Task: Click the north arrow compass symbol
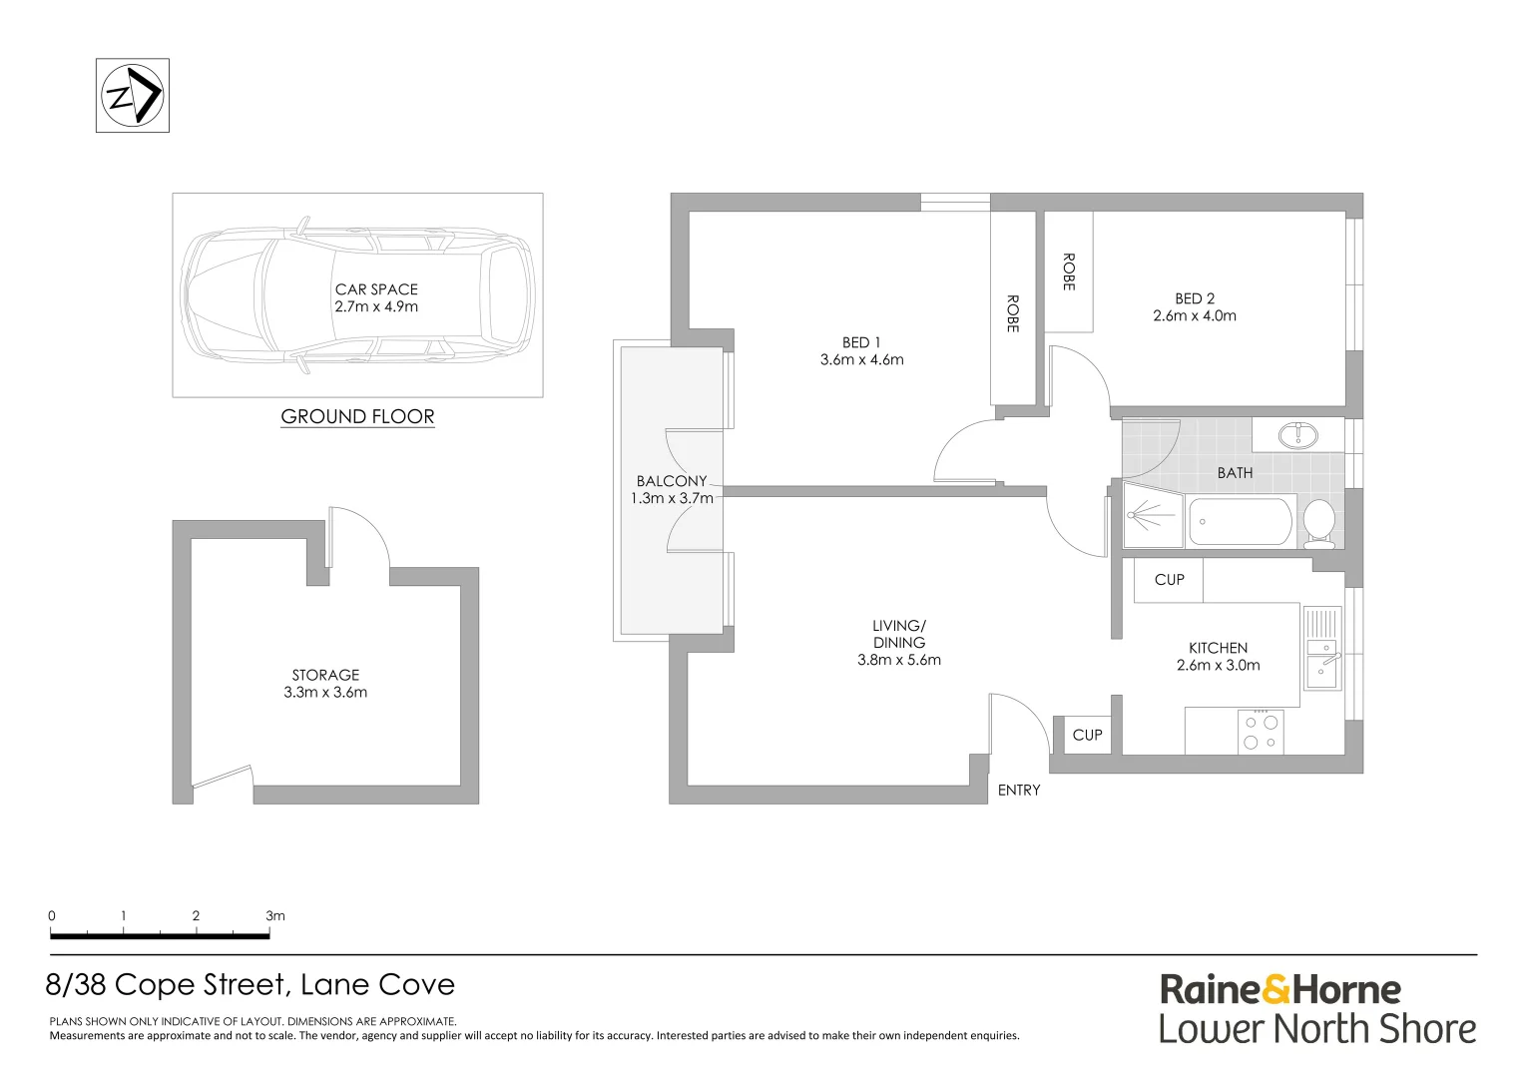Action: coord(133,96)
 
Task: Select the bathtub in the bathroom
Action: coord(1241,521)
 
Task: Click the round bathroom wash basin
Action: coord(1297,434)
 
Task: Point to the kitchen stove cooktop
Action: coord(1260,732)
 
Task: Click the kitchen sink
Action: coord(1322,663)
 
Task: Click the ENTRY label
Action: coord(1019,791)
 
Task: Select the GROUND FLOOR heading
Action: coord(357,417)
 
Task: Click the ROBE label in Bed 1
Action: coord(1013,313)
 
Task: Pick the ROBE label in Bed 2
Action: coord(1069,271)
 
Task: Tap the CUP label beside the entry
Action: coord(1087,736)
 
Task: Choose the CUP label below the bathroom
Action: coord(1169,580)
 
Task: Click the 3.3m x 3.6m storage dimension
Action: coord(325,693)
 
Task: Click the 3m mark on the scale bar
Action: coord(274,916)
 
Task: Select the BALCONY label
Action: coord(672,481)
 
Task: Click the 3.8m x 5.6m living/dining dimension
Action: coord(898,660)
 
